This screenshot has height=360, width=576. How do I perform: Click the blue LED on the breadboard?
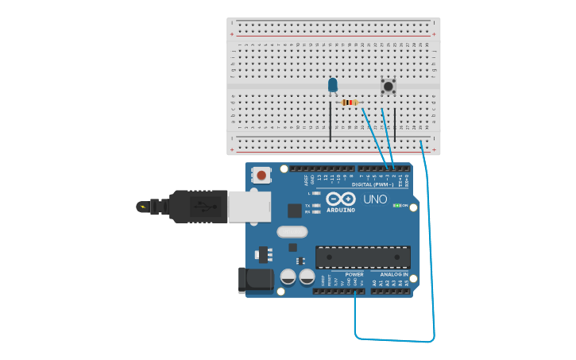(332, 84)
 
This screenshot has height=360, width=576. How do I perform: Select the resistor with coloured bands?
(348, 103)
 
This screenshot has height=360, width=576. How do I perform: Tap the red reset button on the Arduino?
(261, 172)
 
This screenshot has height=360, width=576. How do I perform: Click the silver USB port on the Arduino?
(249, 207)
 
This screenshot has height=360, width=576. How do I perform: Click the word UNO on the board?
(375, 199)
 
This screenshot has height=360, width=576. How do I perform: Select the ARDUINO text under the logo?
(341, 210)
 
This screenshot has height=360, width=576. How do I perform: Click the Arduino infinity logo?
(341, 199)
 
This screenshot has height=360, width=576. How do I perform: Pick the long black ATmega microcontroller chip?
(363, 257)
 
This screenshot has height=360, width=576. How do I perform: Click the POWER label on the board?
(354, 274)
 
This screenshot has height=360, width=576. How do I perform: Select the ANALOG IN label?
(393, 274)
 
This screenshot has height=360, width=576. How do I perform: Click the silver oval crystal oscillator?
(292, 232)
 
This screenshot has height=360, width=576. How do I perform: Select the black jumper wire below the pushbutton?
(395, 126)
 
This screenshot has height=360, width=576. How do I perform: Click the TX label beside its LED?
(307, 205)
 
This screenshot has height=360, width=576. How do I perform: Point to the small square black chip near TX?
(295, 211)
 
